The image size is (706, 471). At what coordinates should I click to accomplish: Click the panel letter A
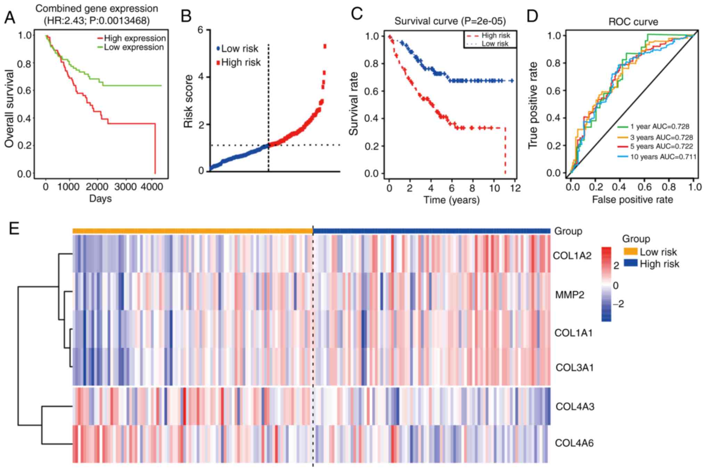point(10,17)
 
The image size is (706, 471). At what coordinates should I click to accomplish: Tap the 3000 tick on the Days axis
point(125,187)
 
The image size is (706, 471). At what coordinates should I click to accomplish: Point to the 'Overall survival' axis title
point(10,108)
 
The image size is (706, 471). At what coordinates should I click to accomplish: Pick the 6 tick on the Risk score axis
point(200,30)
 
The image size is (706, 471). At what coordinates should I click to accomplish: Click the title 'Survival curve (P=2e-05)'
point(450,21)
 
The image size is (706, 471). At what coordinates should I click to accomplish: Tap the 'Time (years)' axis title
point(451,200)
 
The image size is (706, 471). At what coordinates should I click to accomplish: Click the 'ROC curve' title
point(633,22)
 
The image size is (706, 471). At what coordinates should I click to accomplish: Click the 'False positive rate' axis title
point(632,200)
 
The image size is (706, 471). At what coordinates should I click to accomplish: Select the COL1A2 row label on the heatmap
point(572,256)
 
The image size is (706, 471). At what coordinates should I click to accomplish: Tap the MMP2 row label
point(569,295)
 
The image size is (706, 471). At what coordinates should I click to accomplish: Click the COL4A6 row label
point(574,443)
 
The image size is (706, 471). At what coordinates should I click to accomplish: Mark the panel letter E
point(14,229)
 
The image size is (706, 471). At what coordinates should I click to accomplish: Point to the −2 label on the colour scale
point(618,304)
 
